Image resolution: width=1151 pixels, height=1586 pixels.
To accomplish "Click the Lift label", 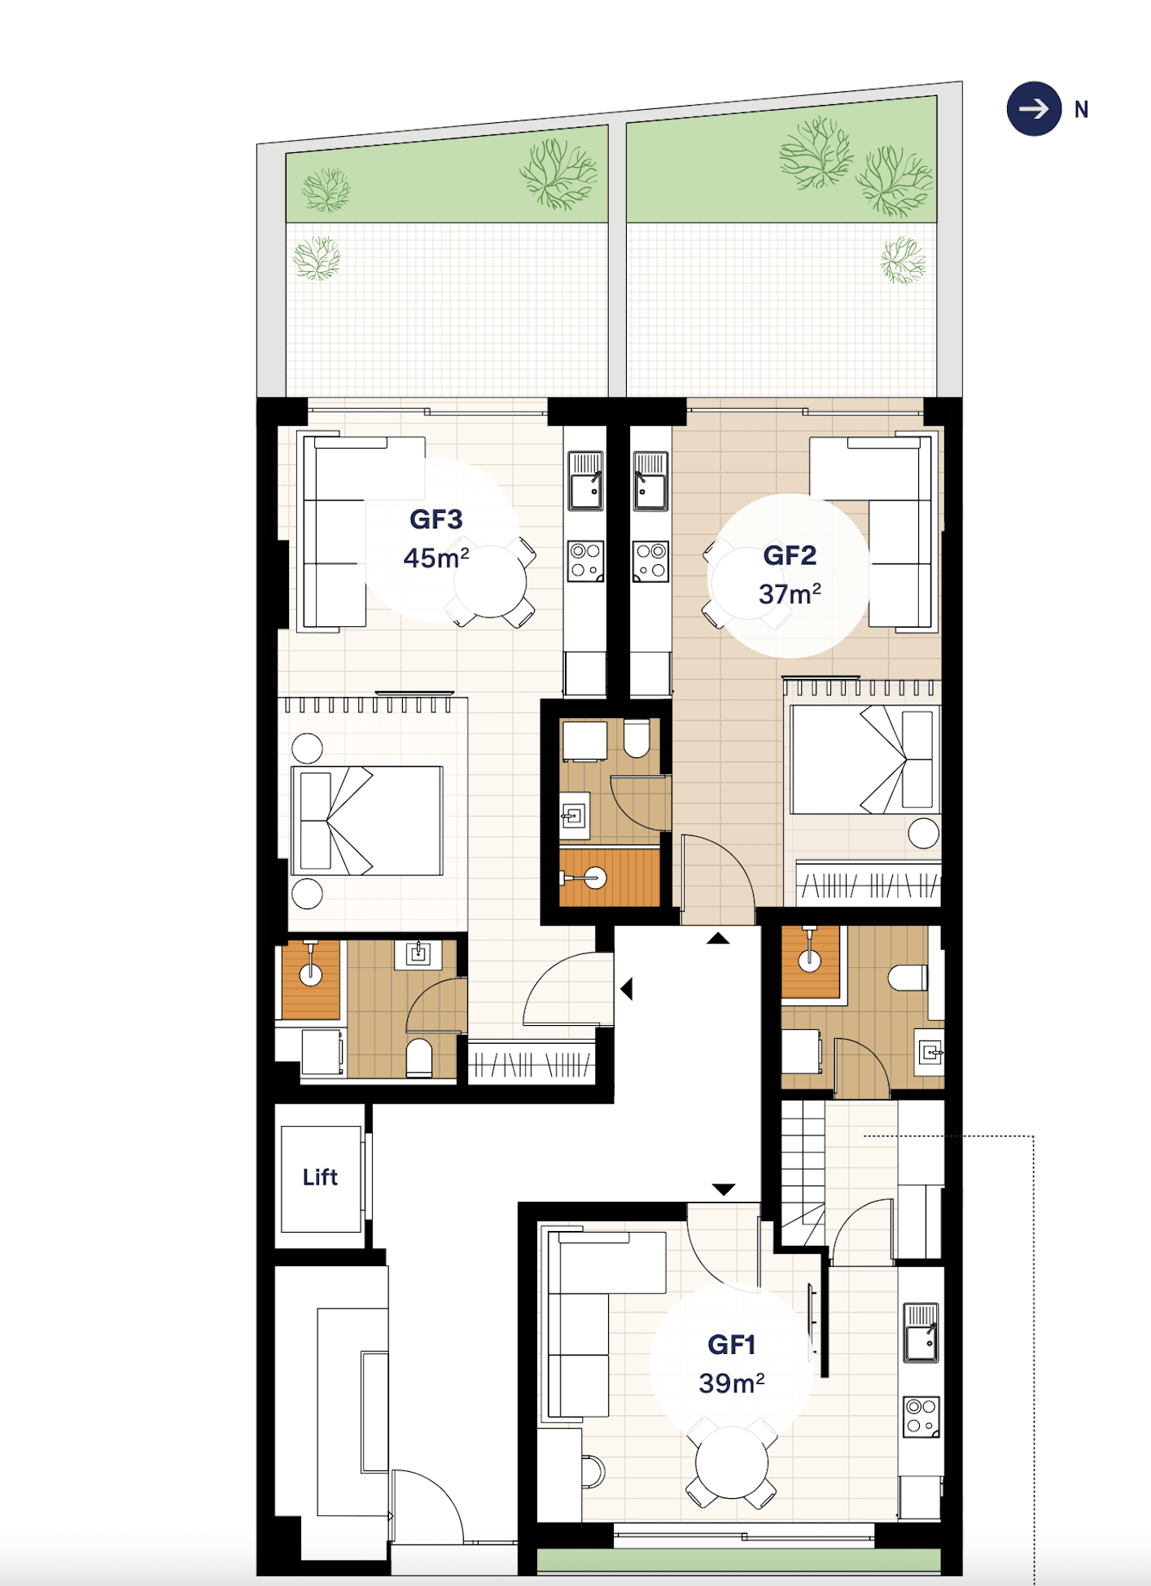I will (320, 1177).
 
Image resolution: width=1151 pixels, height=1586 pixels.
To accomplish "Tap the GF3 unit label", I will (436, 519).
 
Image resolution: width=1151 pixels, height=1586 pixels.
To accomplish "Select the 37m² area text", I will (790, 594).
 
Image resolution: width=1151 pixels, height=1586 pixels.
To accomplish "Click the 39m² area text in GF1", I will (732, 1383).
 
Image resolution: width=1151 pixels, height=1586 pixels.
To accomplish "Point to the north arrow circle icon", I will (1034, 109).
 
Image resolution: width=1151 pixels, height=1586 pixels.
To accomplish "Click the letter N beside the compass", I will (1081, 110).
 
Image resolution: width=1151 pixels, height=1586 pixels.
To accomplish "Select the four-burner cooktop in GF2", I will (651, 561).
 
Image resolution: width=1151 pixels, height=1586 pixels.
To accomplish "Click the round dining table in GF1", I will (732, 1462).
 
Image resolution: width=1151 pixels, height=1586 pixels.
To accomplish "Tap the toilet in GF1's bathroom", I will (908, 977).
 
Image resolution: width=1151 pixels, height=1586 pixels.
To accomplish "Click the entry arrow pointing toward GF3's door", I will (626, 989).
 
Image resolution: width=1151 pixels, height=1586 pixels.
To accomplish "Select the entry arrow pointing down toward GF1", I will (724, 1189).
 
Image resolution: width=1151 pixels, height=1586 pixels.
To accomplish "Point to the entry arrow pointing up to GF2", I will (718, 939).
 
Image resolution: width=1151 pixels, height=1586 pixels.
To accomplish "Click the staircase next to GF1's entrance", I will (803, 1172).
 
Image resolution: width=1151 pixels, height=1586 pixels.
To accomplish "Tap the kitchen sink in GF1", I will (921, 1333).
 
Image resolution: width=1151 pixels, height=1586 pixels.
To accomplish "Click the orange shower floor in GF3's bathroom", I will (311, 979).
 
